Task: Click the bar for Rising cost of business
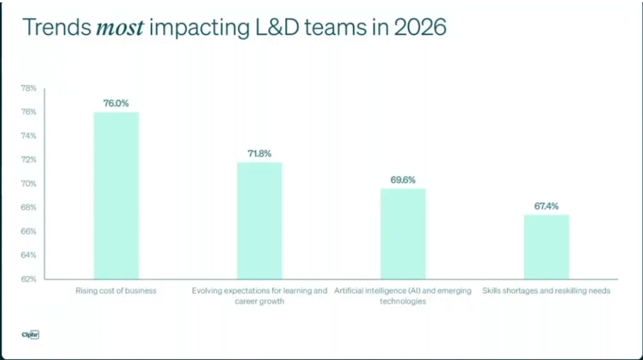(x=116, y=195)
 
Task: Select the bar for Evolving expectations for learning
(x=259, y=221)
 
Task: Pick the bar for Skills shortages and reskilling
(x=546, y=247)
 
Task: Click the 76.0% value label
(x=116, y=103)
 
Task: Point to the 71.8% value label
(x=259, y=153)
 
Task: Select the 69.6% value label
(x=403, y=180)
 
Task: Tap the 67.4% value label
(x=546, y=206)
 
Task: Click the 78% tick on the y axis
(x=28, y=88)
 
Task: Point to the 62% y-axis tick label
(x=28, y=279)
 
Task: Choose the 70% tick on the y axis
(x=28, y=183)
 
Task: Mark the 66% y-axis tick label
(x=28, y=231)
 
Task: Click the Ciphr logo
(x=30, y=335)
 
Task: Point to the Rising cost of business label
(x=116, y=291)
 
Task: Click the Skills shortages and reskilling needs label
(x=546, y=291)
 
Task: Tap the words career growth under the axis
(x=259, y=302)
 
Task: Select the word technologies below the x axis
(x=403, y=302)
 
